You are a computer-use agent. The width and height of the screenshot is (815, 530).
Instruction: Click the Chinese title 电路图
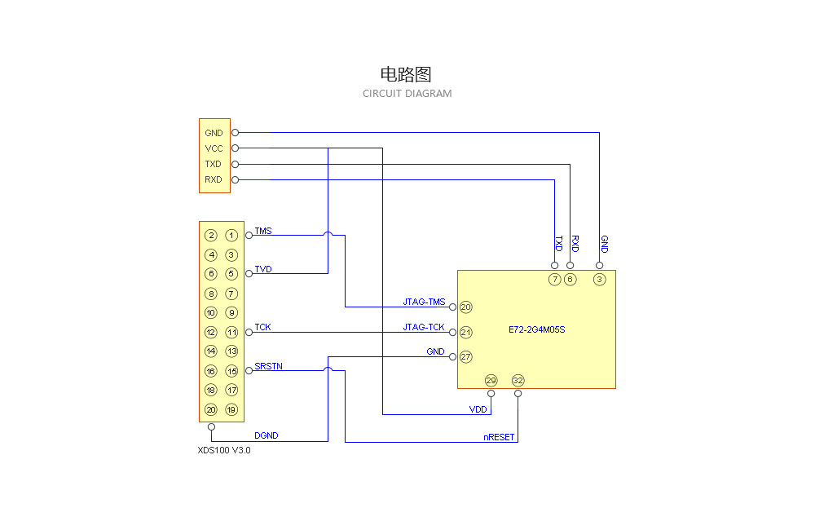pos(407,74)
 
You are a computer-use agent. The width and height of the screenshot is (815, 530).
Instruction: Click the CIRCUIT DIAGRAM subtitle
pos(407,94)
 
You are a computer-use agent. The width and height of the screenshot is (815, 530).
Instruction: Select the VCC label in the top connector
pos(214,148)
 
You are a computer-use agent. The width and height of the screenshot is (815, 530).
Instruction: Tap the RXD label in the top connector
pos(213,179)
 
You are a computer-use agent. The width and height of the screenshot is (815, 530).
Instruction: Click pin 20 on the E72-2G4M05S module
pos(466,307)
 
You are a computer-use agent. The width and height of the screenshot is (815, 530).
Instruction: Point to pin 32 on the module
pos(518,381)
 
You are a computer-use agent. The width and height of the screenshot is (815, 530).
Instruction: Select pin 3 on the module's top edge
pos(600,280)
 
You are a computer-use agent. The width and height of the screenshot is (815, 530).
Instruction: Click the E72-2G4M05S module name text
pos(536,330)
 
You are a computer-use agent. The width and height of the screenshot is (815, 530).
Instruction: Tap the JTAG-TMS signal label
pos(424,302)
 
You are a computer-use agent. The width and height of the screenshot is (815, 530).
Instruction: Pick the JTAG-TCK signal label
pos(424,327)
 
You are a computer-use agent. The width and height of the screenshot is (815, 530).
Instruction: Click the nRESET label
pos(499,437)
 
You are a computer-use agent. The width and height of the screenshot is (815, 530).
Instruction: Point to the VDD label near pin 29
pos(478,409)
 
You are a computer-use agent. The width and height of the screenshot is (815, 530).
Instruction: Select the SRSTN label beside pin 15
pos(268,366)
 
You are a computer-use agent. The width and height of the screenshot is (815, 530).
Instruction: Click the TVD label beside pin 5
pos(262,269)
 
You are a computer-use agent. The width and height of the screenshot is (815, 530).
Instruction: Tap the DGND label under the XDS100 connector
pos(266,435)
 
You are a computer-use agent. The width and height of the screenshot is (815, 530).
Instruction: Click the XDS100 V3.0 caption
pos(224,450)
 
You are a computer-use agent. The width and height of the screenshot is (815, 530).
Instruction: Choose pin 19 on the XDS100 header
pos(231,410)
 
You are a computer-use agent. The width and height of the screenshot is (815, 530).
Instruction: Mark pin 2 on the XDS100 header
pos(211,236)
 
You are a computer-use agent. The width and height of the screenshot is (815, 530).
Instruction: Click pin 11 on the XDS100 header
pos(231,333)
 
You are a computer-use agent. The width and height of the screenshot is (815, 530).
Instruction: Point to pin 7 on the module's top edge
pos(555,280)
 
